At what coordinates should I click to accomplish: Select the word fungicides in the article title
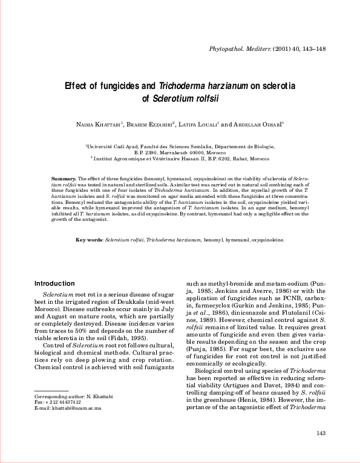pos(120,86)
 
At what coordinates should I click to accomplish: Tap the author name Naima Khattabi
pos(97,124)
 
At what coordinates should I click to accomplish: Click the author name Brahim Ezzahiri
pos(151,124)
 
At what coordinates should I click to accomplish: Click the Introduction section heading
pos(54,283)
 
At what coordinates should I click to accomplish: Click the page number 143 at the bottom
pos(321,433)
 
